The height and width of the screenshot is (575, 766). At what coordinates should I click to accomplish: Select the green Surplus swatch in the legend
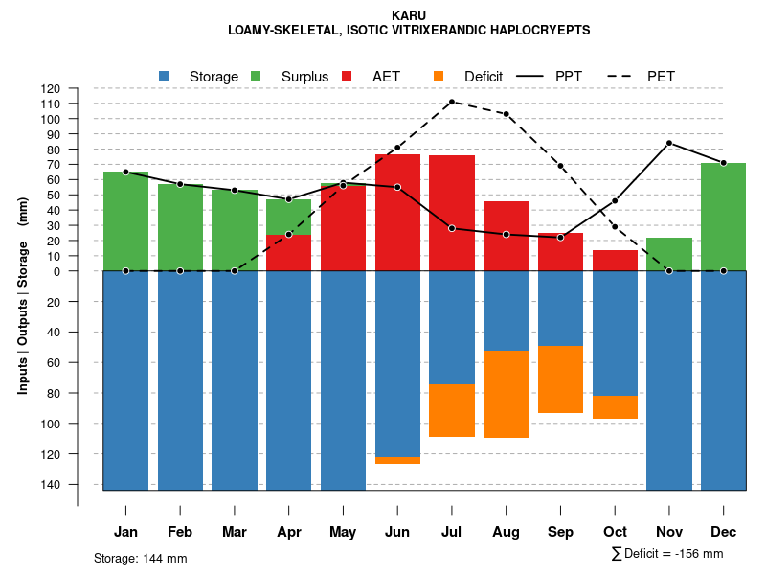[x=256, y=76]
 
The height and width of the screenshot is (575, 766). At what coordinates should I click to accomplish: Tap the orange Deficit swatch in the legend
[x=439, y=76]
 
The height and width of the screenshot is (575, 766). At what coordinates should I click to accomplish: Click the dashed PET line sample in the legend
[x=625, y=76]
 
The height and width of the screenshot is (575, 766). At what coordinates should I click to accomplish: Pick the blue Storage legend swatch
[x=164, y=76]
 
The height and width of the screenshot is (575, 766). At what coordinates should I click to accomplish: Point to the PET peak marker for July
[x=451, y=102]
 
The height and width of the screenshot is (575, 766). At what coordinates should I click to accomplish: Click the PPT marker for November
[x=669, y=143]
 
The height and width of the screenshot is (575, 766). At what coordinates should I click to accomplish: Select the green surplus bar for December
[x=723, y=217]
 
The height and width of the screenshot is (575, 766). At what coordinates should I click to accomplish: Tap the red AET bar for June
[x=397, y=212]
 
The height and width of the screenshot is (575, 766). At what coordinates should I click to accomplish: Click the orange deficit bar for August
[x=506, y=394]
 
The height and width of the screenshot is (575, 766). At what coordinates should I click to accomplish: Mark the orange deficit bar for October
[x=615, y=407]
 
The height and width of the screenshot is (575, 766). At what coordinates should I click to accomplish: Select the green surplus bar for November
[x=669, y=254]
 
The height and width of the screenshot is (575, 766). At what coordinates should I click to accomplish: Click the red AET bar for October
[x=615, y=261]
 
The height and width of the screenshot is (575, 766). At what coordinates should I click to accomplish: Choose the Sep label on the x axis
[x=561, y=532]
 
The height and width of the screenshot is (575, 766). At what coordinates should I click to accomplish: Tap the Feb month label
[x=180, y=532]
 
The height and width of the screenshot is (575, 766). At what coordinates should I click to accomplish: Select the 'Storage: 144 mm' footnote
[x=140, y=558]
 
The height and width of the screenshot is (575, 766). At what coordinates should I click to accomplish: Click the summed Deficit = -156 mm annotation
[x=666, y=554]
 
